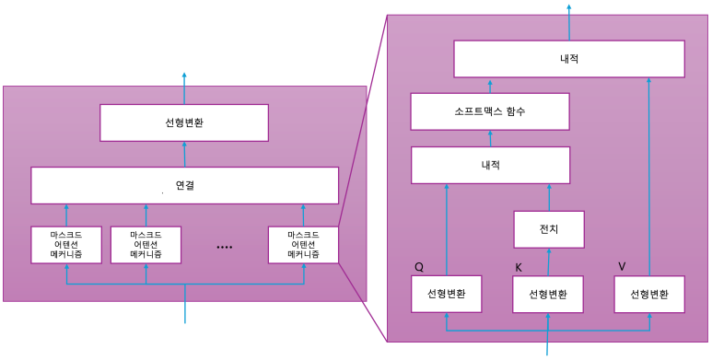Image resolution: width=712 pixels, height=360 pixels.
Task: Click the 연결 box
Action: point(185,185)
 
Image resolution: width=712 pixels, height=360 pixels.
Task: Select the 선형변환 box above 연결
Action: point(184,122)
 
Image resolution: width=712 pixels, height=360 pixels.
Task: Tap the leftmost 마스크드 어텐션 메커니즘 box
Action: point(66,245)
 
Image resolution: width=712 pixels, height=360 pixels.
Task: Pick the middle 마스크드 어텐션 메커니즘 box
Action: point(146,245)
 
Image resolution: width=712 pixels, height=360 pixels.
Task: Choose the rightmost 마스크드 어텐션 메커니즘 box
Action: point(303,245)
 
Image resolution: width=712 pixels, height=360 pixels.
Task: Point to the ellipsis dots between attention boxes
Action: point(224,247)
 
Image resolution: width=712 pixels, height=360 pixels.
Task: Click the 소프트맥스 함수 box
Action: point(489,111)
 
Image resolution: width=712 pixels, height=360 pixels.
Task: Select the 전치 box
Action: point(549,228)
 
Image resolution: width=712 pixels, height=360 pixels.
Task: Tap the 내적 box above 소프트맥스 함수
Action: point(569,59)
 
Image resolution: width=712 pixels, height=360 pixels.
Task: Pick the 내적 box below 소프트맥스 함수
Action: point(490,166)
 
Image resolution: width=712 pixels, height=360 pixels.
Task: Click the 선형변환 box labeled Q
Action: point(447,295)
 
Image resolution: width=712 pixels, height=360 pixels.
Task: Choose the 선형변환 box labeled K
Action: point(548,295)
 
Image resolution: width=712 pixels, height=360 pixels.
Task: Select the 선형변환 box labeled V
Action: point(649,295)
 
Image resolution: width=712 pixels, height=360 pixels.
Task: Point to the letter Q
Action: point(419,268)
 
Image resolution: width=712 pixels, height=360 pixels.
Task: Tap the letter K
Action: point(519,268)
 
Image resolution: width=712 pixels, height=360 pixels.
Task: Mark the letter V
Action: point(622,266)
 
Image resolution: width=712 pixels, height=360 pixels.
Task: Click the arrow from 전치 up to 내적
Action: point(549,197)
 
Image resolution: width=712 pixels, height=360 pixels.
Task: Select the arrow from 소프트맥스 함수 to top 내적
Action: point(490,86)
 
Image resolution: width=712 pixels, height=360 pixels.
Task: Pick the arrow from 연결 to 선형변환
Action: point(184,154)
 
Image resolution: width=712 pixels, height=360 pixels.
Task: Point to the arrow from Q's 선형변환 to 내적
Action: point(447,230)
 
